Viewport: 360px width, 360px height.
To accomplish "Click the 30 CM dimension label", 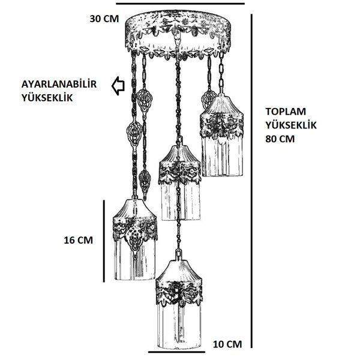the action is click(x=104, y=19).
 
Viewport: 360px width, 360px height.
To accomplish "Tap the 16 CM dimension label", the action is click(x=78, y=241).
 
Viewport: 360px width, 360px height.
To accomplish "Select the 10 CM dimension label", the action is click(x=227, y=344).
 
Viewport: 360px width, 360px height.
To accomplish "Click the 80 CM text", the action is click(x=280, y=139).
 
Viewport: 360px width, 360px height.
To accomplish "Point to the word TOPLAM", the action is click(x=286, y=112).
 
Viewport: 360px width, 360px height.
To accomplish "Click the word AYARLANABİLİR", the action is click(x=59, y=84).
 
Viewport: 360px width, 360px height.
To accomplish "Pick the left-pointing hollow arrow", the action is click(x=118, y=86).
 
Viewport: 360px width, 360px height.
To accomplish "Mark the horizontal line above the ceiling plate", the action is click(x=180, y=4).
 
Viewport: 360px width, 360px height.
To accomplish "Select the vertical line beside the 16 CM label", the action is click(x=104, y=241).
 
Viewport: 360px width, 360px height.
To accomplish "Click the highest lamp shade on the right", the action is click(x=221, y=136).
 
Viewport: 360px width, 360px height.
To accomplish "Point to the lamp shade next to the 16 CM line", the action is click(x=135, y=239).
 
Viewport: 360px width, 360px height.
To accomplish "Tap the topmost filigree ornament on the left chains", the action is click(x=145, y=101).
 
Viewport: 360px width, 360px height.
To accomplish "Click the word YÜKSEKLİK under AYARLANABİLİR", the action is click(x=47, y=98).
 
